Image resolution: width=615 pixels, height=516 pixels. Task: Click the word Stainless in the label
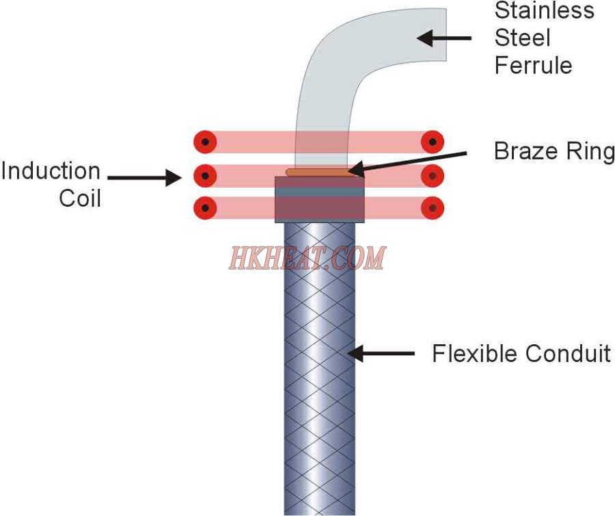pos(544,10)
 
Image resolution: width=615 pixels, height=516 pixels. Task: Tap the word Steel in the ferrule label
pos(523,38)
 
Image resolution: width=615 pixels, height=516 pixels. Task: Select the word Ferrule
pos(533,65)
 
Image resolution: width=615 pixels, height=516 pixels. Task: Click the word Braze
pos(520,151)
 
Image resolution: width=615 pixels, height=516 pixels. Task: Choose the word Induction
pos(51,171)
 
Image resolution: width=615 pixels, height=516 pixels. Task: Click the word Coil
pos(80,198)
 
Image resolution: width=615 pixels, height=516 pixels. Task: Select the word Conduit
pos(568,353)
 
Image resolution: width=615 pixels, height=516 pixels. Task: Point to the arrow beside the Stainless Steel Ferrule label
pos(443,38)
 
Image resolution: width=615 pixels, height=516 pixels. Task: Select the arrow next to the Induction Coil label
pos(144,178)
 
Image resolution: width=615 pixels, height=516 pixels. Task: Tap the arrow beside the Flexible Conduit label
pos(381,353)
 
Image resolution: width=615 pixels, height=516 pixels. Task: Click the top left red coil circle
pos(205,142)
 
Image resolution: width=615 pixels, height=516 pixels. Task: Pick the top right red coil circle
pos(433,142)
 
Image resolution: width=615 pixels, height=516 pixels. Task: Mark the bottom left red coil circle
pos(205,208)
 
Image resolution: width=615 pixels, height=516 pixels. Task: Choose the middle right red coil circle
pos(433,175)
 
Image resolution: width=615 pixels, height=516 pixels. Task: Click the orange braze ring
pos(318,172)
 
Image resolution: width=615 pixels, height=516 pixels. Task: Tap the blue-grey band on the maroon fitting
pos(320,192)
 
